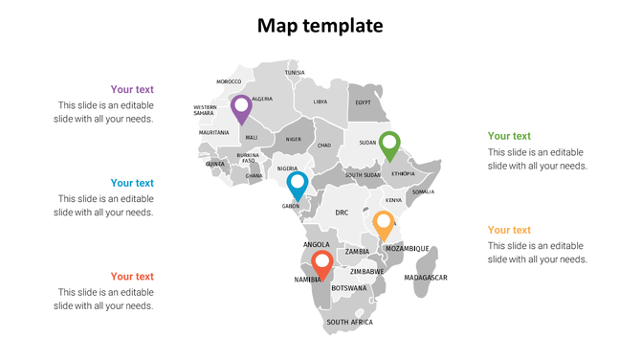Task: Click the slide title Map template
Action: (x=320, y=26)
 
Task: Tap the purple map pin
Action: (x=241, y=107)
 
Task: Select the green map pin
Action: (x=389, y=145)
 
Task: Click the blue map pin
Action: (x=298, y=184)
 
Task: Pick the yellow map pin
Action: (x=384, y=224)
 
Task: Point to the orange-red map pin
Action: (x=322, y=263)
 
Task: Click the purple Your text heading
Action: (x=132, y=90)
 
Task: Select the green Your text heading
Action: (x=509, y=136)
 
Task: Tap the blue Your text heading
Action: (x=132, y=183)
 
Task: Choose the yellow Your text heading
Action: (x=509, y=230)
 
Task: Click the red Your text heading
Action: (x=132, y=277)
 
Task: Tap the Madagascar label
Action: (x=426, y=278)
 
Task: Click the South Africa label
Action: (x=349, y=323)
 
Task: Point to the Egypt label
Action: (x=364, y=102)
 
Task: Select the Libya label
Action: (x=320, y=101)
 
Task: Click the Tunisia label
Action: (x=295, y=73)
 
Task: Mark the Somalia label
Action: (x=423, y=191)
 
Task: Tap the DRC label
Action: (x=342, y=213)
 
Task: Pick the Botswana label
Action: (x=348, y=288)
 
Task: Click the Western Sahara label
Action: (x=205, y=110)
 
